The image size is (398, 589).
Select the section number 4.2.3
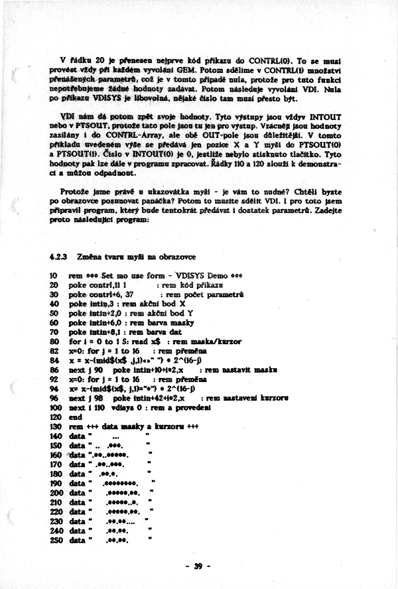pyautogui.click(x=60, y=256)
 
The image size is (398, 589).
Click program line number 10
pyautogui.click(x=54, y=275)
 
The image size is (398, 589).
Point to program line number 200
pyautogui.click(x=56, y=493)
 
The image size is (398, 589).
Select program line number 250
pyautogui.click(x=56, y=541)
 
